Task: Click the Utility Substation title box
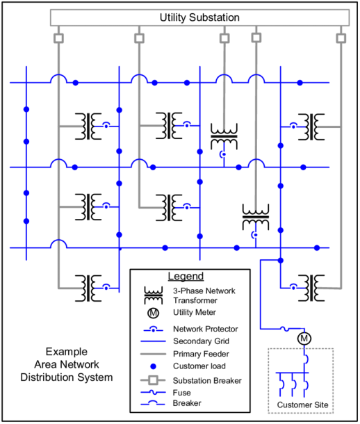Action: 199,17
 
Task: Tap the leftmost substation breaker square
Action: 58,38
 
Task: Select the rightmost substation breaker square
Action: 341,38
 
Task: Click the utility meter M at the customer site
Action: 304,339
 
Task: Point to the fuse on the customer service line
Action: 284,329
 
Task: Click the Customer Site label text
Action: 302,405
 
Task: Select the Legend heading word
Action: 186,277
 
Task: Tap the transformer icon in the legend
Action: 154,295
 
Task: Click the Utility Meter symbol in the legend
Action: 153,313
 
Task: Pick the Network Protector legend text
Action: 206,329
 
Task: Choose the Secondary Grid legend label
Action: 201,341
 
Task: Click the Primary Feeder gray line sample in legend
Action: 153,354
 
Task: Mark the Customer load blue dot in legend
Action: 153,366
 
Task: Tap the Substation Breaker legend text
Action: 207,381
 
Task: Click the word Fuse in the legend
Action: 181,393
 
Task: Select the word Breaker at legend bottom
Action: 187,403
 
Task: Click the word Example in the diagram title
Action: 67,352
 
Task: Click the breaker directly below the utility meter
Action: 306,359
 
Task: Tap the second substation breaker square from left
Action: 139,38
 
